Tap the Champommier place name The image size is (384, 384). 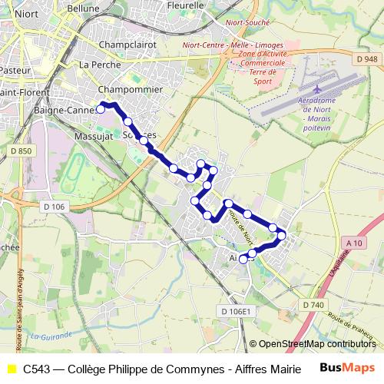point(131,89)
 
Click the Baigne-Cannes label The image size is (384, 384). point(65,111)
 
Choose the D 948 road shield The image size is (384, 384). point(367,59)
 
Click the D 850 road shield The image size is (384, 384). point(22,151)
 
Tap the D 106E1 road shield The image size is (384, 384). point(236,311)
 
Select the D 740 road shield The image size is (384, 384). point(313,305)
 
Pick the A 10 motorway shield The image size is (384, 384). point(353,243)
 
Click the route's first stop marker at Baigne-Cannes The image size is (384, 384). point(101,110)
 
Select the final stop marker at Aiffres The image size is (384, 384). point(243,260)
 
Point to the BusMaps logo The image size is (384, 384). point(349,369)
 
